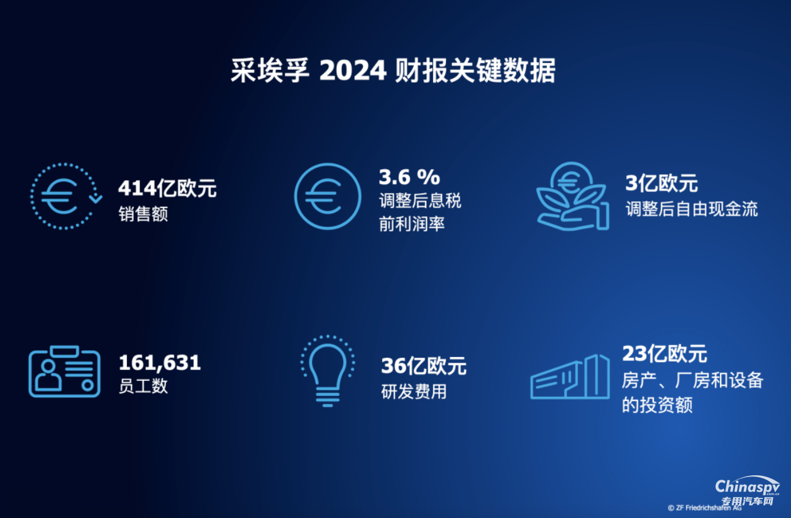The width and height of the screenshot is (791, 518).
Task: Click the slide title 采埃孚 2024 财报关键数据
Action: tap(393, 71)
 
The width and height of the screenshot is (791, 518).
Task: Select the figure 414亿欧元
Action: tap(167, 188)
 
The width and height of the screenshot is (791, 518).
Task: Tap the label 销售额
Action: tap(143, 214)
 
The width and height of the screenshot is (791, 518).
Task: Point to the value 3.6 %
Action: tap(409, 177)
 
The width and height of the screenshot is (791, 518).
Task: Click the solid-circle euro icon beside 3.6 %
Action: tap(328, 196)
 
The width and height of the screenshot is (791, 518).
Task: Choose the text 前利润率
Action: tap(412, 224)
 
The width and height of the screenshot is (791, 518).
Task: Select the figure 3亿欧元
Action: tap(661, 184)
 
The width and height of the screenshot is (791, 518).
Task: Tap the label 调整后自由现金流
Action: tap(692, 209)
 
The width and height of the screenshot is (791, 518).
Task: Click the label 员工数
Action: tap(143, 385)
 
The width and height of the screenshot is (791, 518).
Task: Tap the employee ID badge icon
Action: tap(64, 372)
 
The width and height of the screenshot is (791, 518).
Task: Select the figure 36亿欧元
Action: tap(424, 366)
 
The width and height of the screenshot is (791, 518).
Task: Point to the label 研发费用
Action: tap(414, 391)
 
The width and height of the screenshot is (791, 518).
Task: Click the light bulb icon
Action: tap(327, 371)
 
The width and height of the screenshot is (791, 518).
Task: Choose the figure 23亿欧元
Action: tap(665, 354)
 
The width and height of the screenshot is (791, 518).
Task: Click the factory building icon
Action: tap(570, 377)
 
